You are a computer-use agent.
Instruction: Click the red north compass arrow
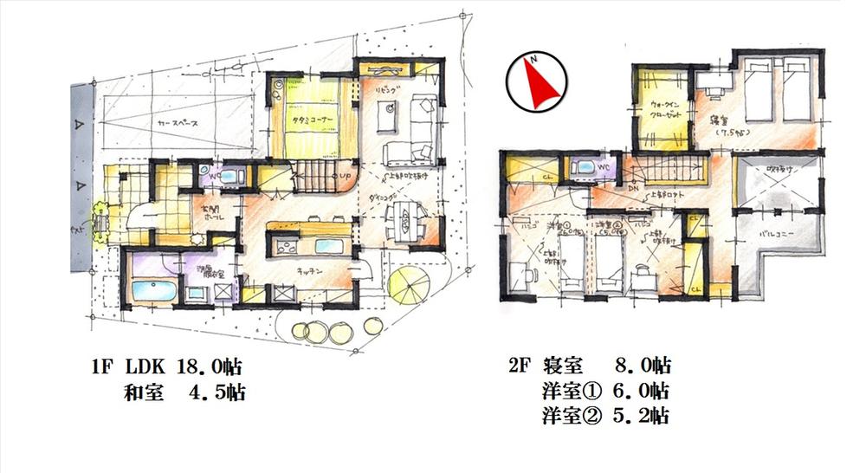(536, 85)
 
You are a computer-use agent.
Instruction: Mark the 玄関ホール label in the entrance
(188, 213)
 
